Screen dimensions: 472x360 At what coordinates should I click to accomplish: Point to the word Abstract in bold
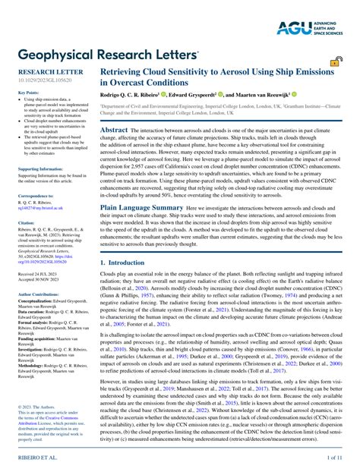click(113, 131)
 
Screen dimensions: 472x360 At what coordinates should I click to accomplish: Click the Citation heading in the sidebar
click(27, 223)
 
